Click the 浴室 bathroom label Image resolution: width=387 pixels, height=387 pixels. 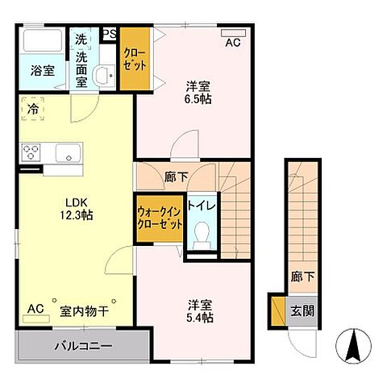pyautogui.click(x=44, y=71)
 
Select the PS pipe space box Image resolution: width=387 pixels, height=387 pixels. pyautogui.click(x=110, y=34)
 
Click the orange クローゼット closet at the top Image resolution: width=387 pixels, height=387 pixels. pyautogui.click(x=134, y=60)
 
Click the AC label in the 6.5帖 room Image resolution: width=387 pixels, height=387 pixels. pyautogui.click(x=232, y=43)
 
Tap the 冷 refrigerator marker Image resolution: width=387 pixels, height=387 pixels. pyautogui.click(x=32, y=108)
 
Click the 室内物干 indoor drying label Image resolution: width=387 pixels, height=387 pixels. pyautogui.click(x=83, y=310)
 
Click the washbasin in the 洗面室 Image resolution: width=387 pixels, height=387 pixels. pyautogui.click(x=102, y=76)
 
